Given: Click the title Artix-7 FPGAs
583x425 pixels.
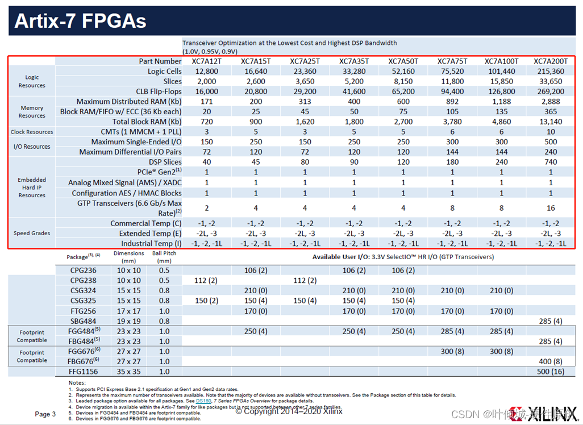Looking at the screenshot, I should (x=80, y=21).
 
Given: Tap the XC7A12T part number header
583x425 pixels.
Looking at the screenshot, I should (x=207, y=61).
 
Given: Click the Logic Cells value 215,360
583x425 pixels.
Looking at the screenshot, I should (x=551, y=72).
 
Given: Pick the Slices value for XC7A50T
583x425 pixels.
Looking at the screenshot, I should (x=403, y=81).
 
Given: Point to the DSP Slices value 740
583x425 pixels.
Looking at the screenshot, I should (x=551, y=162).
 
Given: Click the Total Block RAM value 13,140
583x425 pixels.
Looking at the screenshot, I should (x=551, y=122).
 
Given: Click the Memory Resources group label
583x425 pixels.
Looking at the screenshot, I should (x=32, y=111).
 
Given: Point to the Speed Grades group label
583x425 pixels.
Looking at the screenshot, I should (x=32, y=233).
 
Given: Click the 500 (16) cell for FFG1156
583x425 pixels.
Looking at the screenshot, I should (x=551, y=371).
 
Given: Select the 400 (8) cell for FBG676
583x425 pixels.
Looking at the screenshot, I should (x=551, y=361).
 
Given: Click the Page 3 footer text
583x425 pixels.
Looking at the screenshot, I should (x=45, y=414).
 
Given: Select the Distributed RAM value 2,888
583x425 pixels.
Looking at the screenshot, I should (x=551, y=102).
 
